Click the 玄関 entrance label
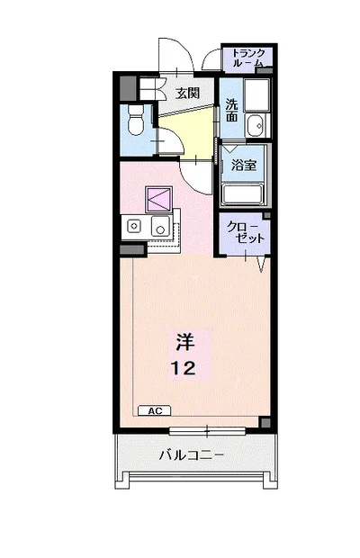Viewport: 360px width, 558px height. click(x=188, y=94)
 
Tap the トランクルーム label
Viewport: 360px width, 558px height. click(x=247, y=58)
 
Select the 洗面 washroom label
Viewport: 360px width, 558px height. click(x=231, y=111)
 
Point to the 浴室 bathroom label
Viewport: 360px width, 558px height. click(x=244, y=165)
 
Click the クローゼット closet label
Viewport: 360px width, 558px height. click(x=245, y=232)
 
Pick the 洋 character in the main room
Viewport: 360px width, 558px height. click(x=185, y=342)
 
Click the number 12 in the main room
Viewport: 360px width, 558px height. click(x=184, y=368)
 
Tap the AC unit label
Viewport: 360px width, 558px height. click(x=155, y=410)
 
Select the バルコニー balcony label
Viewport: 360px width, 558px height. click(x=191, y=455)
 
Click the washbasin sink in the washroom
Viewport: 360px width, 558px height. click(x=256, y=125)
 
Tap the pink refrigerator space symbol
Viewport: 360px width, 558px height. click(x=158, y=199)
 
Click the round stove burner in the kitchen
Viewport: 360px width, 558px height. click(x=134, y=226)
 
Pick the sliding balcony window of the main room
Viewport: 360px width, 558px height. click(x=207, y=431)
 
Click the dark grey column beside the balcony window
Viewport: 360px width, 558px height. click(x=265, y=422)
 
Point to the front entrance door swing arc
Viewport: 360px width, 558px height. click(x=176, y=53)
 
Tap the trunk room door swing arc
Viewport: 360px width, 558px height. click(x=211, y=59)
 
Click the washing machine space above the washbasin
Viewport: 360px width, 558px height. click(x=256, y=95)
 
